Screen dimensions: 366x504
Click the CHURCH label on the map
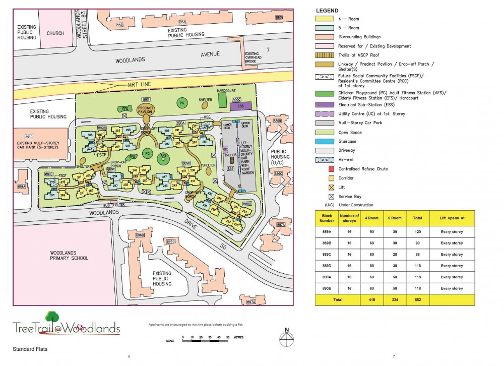point(55,33)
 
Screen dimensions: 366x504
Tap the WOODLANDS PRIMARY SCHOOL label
point(69,256)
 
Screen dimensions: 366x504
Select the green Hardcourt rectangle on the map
point(222,99)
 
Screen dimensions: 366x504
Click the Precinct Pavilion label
point(146,111)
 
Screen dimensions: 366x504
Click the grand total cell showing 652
point(418,299)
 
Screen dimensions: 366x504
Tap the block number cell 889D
point(328,266)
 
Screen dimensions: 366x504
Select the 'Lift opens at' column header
point(452,218)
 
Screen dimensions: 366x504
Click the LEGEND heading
point(327,11)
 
